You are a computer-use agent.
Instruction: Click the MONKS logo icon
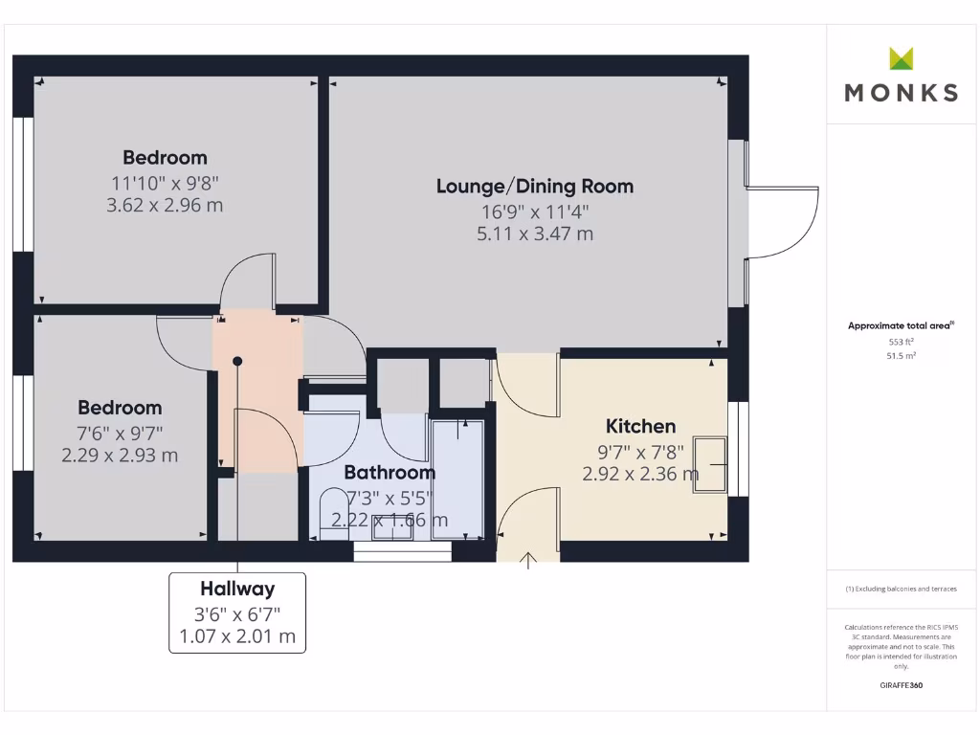point(902,58)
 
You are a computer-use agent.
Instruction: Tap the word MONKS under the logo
point(902,93)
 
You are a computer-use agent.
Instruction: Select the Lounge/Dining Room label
point(535,186)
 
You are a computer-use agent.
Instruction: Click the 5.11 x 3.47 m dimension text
point(535,233)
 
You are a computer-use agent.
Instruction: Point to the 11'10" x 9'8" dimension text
point(165,182)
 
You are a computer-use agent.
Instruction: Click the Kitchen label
point(640,426)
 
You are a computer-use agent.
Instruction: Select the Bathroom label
point(389,472)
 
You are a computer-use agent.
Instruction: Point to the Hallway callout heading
point(237,589)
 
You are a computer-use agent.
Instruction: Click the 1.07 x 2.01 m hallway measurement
point(237,636)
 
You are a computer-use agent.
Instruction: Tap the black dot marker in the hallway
point(237,361)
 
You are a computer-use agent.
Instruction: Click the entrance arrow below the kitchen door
point(527,560)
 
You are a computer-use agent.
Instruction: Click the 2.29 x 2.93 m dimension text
point(120,456)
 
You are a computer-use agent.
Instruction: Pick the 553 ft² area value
point(902,341)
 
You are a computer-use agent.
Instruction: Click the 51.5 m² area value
point(902,355)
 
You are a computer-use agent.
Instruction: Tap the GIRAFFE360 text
point(902,685)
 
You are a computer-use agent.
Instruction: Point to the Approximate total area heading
point(901,325)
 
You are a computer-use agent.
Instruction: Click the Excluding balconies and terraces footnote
point(901,589)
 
